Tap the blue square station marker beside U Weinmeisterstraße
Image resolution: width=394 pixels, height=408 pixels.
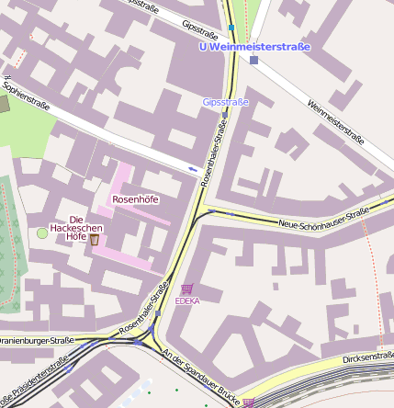[253, 61]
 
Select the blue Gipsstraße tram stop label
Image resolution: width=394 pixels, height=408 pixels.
[225, 102]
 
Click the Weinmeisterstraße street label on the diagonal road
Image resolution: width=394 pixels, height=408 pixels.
[336, 121]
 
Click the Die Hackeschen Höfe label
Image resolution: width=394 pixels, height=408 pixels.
[75, 227]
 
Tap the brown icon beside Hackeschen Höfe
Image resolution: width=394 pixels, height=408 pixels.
[94, 240]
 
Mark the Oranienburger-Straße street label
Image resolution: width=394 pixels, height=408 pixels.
[37, 340]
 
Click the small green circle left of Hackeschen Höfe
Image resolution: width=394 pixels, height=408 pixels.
[41, 233]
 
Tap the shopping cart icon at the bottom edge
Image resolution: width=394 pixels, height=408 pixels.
[248, 402]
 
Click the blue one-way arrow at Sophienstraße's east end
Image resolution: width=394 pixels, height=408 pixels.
[193, 169]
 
